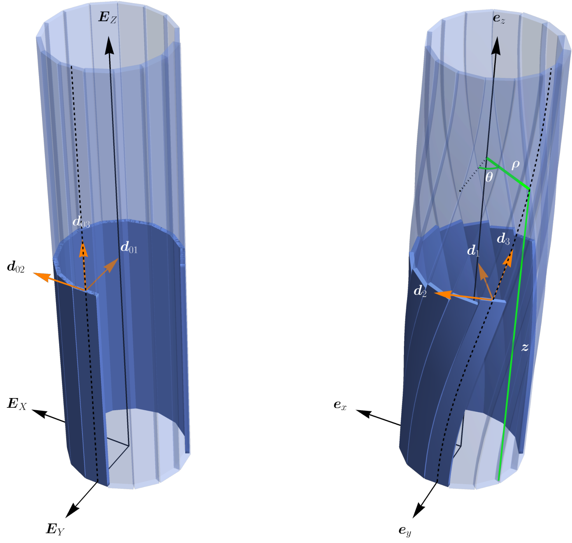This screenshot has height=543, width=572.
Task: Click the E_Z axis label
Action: pyautogui.click(x=108, y=17)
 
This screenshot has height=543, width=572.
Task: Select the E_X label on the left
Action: pyautogui.click(x=17, y=404)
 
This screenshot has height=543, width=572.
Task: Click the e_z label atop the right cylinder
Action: pyautogui.click(x=499, y=19)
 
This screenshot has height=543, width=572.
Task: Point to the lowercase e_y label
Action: pyautogui.click(x=405, y=531)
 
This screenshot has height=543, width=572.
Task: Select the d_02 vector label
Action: pyautogui.click(x=16, y=267)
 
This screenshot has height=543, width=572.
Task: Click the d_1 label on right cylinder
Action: pyautogui.click(x=473, y=250)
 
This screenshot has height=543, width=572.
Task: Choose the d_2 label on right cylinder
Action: pyautogui.click(x=420, y=291)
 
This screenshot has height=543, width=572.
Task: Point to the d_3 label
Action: pyautogui.click(x=503, y=239)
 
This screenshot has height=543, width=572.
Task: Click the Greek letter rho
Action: pyautogui.click(x=515, y=165)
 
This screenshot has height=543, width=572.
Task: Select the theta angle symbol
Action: pyautogui.click(x=489, y=177)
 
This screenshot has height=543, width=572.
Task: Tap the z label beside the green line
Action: pyautogui.click(x=525, y=347)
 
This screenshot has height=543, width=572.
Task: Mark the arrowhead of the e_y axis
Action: pyautogui.click(x=418, y=510)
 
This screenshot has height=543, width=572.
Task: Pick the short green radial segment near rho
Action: pyautogui.click(x=507, y=173)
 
